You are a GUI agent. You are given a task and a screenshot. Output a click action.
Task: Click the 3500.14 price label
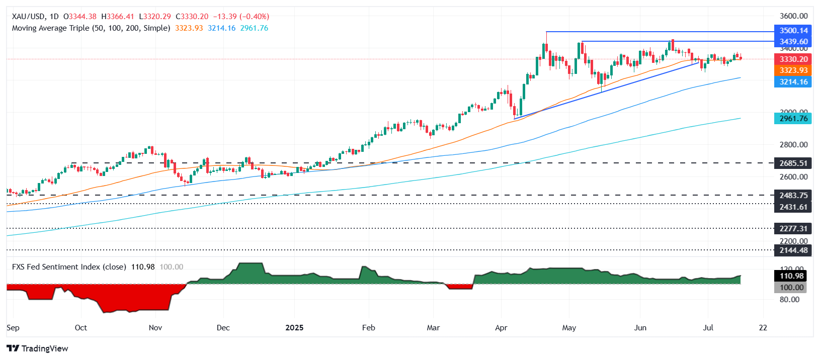pyautogui.click(x=793, y=31)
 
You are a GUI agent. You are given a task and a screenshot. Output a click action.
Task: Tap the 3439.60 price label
pyautogui.click(x=793, y=42)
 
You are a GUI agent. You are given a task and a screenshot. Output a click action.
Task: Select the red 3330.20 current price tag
pyautogui.click(x=793, y=59)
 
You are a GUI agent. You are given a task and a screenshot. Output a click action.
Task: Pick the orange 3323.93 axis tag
pyautogui.click(x=793, y=70)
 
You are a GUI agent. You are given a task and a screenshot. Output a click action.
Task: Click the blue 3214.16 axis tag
pyautogui.click(x=793, y=82)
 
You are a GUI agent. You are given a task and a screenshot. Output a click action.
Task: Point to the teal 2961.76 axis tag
pyautogui.click(x=793, y=119)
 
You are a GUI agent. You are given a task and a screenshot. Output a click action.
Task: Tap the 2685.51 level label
pyautogui.click(x=793, y=163)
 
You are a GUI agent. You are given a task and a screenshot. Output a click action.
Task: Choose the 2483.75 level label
pyautogui.click(x=793, y=196)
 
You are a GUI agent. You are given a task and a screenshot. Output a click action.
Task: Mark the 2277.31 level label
pyautogui.click(x=793, y=228)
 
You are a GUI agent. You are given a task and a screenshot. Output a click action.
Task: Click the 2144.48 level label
pyautogui.click(x=793, y=250)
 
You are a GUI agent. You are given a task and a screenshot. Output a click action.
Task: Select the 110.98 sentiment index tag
pyautogui.click(x=791, y=276)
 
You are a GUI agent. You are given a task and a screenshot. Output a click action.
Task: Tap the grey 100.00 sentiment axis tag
pyautogui.click(x=791, y=288)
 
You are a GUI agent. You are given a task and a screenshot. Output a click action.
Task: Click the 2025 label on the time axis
pyautogui.click(x=294, y=328)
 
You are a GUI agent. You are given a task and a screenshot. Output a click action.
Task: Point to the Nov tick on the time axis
pyautogui.click(x=155, y=328)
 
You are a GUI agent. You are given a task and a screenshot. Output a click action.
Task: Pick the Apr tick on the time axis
pyautogui.click(x=501, y=328)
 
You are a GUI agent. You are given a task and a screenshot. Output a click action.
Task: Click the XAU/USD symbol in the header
pyautogui.click(x=28, y=17)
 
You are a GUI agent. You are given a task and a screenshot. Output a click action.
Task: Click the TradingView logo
pyautogui.click(x=38, y=348)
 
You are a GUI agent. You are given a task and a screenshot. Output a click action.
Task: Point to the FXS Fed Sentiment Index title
pyautogui.click(x=69, y=267)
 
